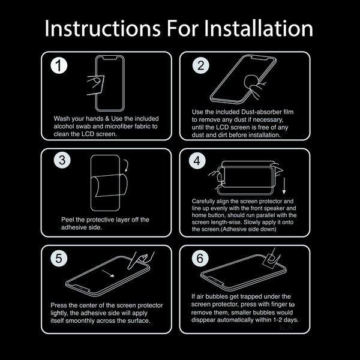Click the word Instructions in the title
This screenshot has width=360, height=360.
(103, 28)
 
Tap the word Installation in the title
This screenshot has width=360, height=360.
(258, 28)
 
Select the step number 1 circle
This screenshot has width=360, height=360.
(59, 65)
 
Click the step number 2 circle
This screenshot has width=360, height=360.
(201, 65)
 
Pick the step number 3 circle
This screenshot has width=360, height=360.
(62, 160)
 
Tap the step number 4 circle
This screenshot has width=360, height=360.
(197, 161)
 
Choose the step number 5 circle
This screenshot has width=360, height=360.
(59, 258)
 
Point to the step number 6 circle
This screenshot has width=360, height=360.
(200, 258)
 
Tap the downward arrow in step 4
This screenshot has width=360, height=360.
(284, 186)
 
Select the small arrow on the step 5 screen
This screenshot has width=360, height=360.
(108, 274)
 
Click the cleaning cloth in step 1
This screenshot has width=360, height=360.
(95, 85)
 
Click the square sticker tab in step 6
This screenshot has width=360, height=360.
(272, 260)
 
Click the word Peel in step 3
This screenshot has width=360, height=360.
(68, 220)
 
